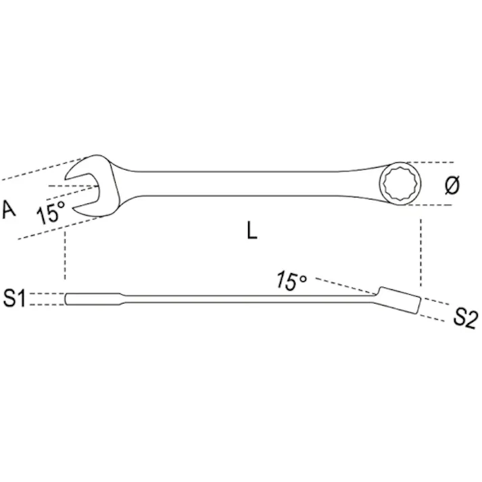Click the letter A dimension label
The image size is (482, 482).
point(9,210)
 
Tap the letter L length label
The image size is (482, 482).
point(251,231)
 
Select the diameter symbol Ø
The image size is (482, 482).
point(452,185)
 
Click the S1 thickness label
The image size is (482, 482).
point(14,298)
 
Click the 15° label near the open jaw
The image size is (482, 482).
point(51,212)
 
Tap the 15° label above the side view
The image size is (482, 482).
point(291,281)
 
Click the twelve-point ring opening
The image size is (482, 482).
point(400,183)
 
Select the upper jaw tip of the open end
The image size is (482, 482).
point(66,178)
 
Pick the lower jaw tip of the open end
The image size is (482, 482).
point(74,209)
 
